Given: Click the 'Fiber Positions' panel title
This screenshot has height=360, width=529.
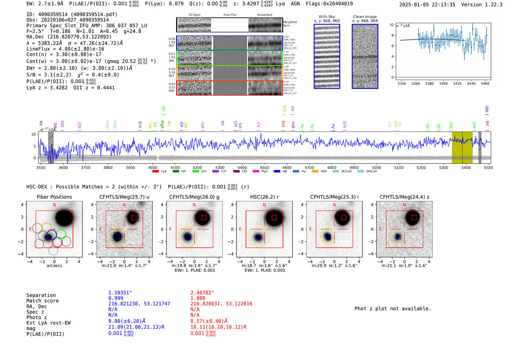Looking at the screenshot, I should pyautogui.click(x=54, y=197).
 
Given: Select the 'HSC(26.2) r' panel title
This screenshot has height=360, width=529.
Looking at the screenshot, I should pyautogui.click(x=264, y=197).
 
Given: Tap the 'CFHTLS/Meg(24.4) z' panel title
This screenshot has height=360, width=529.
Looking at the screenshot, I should pyautogui.click(x=404, y=197).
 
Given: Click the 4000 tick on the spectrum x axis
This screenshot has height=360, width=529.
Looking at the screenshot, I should pyautogui.click(x=153, y=167).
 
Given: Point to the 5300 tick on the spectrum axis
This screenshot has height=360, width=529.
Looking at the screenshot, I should pyautogui.click(x=444, y=167).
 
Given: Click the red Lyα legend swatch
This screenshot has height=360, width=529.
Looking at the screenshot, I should pyautogui.click(x=155, y=172).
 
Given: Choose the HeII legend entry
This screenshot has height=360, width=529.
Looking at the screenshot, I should pyautogui.click(x=315, y=172).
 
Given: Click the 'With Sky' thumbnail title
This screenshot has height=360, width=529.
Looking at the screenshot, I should pyautogui.click(x=326, y=17).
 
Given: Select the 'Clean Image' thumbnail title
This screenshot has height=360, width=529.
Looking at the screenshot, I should pyautogui.click(x=365, y=17).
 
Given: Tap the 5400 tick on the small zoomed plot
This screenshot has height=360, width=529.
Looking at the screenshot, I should pyautogui.click(x=443, y=83).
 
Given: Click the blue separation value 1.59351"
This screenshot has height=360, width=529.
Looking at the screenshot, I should pyautogui.click(x=120, y=293).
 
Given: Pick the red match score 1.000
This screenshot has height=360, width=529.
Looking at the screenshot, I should pyautogui.click(x=198, y=298).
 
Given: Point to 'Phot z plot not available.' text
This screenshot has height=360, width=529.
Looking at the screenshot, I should pyautogui.click(x=393, y=309).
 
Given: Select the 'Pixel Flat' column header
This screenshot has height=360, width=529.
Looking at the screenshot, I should pyautogui.click(x=230, y=15).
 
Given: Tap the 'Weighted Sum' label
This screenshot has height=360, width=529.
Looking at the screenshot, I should pyautogui.click(x=289, y=23).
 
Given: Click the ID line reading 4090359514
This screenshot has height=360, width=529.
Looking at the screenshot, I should pyautogui.click(x=72, y=14).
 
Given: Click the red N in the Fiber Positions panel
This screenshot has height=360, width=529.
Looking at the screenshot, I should pyautogui.click(x=54, y=205).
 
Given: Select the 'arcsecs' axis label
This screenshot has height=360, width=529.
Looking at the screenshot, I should pyautogui.click(x=54, y=266).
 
